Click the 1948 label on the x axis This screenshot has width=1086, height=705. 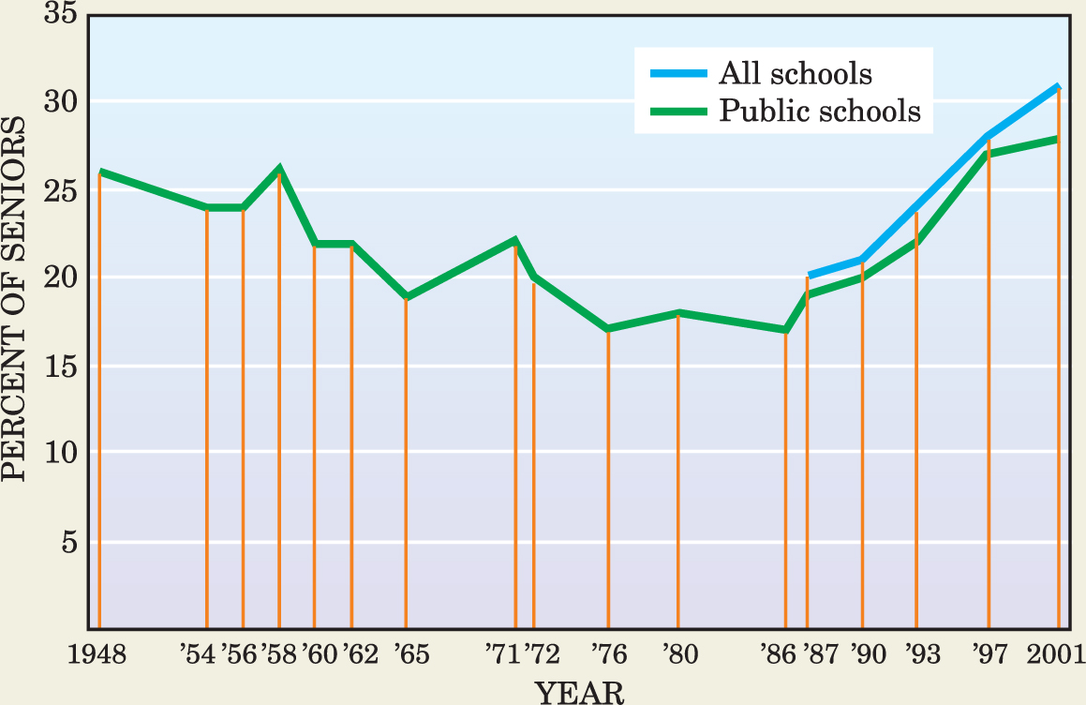coord(97,653)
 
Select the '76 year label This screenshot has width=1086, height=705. coord(609,653)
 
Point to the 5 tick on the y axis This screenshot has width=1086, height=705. coord(68,543)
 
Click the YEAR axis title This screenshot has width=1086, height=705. coord(579,692)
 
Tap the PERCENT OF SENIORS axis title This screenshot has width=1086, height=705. coord(15,298)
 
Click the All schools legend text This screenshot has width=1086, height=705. coord(796,73)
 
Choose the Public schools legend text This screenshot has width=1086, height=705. coord(820,112)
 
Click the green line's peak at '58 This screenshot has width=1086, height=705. coord(279,170)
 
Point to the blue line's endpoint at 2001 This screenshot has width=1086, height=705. coord(1058,87)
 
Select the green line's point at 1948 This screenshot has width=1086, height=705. coord(99,172)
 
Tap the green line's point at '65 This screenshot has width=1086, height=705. coord(406,296)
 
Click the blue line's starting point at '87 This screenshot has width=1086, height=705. coord(809,277)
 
